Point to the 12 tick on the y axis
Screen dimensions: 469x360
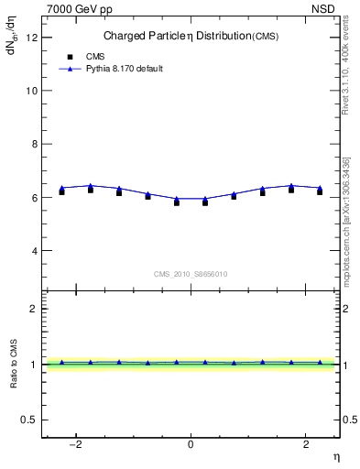coord(35,38)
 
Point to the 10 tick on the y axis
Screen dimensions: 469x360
coord(35,91)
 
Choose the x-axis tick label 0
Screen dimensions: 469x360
coord(191,444)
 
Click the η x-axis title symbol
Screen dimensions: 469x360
coord(335,455)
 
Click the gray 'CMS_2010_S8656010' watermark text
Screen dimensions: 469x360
coord(191,274)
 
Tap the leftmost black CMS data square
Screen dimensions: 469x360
coord(61,191)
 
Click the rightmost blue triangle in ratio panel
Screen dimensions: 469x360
coord(320,363)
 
